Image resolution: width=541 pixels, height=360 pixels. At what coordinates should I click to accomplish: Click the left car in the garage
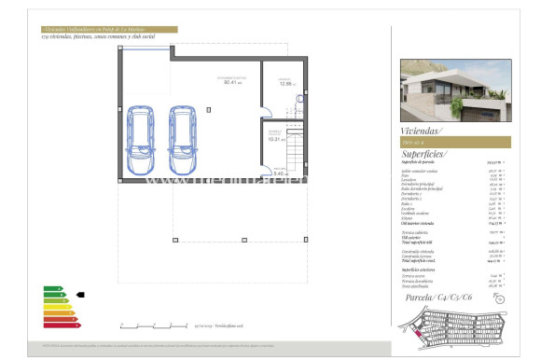[x=141, y=132]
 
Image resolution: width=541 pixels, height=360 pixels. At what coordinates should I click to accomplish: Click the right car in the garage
[x=184, y=132]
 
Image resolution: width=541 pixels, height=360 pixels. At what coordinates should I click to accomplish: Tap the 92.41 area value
[x=231, y=82]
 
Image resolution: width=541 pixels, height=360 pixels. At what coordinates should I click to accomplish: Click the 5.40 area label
[x=278, y=173]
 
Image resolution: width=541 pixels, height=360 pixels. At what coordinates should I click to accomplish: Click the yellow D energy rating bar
[x=55, y=312]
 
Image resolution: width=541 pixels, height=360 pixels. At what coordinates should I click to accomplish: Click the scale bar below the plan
[x=153, y=325]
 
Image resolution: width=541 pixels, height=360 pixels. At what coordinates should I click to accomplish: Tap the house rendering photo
[x=455, y=90]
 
